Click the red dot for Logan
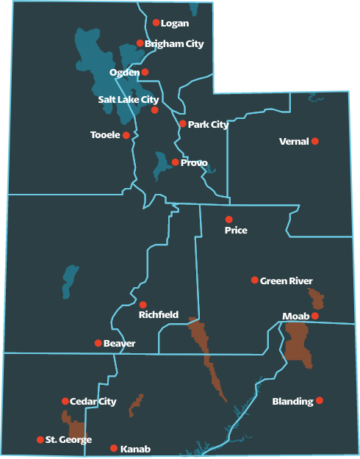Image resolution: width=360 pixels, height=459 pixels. point(156,23)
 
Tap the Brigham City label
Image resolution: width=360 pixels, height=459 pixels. point(174,44)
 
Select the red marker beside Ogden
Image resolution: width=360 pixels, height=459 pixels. point(145,72)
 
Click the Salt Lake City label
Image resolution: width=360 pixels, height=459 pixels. point(129,99)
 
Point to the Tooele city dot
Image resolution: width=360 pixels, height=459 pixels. point(126,135)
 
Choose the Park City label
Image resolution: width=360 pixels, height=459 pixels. point(208,125)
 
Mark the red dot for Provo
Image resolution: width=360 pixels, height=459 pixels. point(175,162)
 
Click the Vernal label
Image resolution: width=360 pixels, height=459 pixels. point(293,141)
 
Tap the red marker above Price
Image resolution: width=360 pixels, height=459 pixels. point(228,220)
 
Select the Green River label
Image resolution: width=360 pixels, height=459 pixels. point(286,281)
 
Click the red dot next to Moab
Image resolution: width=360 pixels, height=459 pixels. point(314,316)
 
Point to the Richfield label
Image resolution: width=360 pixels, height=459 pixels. point(159,315)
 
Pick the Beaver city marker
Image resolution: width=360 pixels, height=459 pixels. point(98,343)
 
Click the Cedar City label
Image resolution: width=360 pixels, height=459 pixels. point(93,402)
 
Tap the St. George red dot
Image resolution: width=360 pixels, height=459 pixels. point(40,440)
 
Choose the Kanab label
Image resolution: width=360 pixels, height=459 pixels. point(134,449)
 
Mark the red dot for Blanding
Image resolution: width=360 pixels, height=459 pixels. point(319,401)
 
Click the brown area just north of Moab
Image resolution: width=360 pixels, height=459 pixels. point(317,299)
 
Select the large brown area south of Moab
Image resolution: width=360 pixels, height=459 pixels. point(298,341)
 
